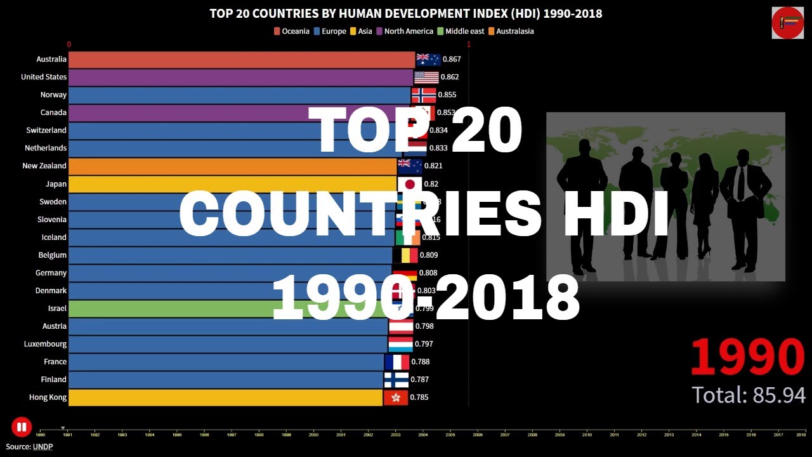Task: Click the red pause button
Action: [21, 427]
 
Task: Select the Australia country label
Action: [51, 59]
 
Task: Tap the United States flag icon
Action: [426, 77]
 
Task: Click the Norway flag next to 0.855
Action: [424, 95]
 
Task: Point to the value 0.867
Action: [452, 59]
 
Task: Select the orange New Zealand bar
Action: [232, 166]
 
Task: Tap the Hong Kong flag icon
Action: [396, 398]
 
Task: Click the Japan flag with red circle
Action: [410, 184]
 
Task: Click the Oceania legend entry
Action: [292, 31]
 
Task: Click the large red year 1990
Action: [747, 357]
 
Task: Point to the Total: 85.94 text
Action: [749, 395]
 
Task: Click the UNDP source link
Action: [43, 446]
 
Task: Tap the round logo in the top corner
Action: [787, 23]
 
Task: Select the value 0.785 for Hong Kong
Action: [419, 397]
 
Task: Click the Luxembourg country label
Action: [44, 344]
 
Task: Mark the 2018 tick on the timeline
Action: [801, 435]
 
